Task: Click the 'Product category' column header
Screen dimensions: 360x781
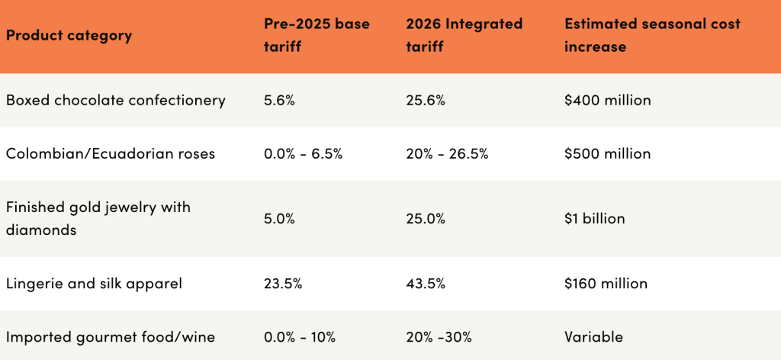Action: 69,36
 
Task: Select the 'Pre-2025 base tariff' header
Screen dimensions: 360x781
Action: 317,35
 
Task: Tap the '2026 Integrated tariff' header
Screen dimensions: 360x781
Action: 464,35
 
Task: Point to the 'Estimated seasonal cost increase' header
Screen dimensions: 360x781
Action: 652,35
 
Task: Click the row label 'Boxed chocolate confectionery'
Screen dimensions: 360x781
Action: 115,100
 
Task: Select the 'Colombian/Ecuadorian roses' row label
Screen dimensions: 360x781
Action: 111,153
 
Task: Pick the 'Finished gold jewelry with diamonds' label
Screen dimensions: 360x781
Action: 98,218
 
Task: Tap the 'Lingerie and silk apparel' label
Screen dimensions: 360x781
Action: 94,284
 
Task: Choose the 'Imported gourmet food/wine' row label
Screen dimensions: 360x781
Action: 110,336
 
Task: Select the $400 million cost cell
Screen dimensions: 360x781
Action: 607,100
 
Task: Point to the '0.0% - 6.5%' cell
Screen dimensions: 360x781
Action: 303,153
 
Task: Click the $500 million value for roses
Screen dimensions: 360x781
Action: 607,153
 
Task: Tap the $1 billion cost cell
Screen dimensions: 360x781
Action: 594,219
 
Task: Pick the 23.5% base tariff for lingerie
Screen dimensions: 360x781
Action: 283,284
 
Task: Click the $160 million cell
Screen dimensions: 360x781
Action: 606,284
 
